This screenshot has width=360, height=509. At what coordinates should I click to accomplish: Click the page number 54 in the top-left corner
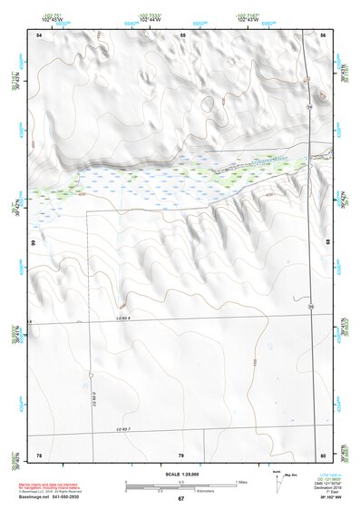(x=39, y=34)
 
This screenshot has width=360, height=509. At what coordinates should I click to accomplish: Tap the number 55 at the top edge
(x=182, y=34)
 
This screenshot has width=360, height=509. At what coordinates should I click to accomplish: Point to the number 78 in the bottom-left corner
(x=39, y=454)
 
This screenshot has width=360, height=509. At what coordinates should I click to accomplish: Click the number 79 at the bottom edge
(x=181, y=454)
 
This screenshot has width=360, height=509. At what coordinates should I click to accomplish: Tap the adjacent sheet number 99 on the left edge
(x=33, y=243)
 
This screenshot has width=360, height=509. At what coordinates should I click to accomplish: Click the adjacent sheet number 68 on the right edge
(x=327, y=243)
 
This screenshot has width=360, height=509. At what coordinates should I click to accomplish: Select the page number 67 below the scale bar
(x=180, y=499)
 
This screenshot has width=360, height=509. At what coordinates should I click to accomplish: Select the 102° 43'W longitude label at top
(x=249, y=18)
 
